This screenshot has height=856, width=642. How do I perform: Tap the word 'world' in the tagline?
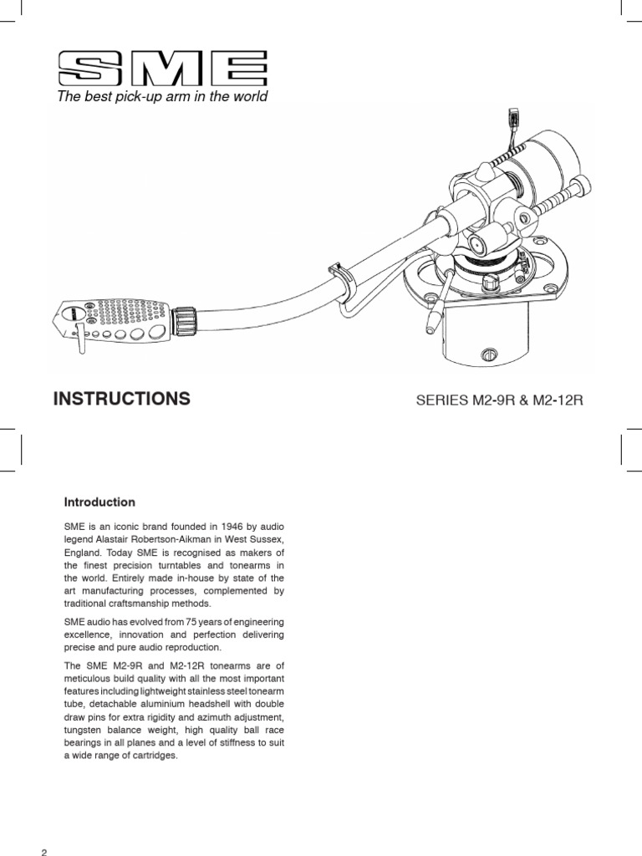[x=250, y=97]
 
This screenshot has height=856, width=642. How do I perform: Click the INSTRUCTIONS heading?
[x=122, y=399]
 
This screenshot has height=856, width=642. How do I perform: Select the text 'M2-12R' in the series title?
[x=557, y=400]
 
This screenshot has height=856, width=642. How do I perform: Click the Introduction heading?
[x=99, y=502]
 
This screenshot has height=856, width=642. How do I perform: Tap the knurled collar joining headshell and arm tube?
[x=185, y=319]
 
